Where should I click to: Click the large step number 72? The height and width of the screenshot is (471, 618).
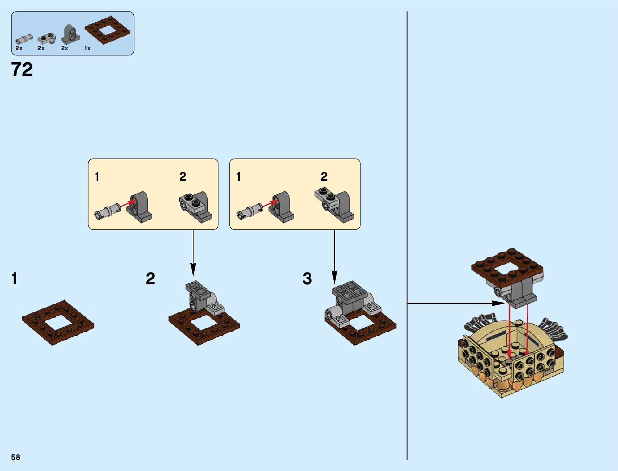coord(22,70)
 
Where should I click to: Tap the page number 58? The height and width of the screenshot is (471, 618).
coord(15,457)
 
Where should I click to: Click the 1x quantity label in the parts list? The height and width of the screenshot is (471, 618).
coord(87,48)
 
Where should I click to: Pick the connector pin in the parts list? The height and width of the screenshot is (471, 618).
coord(23,39)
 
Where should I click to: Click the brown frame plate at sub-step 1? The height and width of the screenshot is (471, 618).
coord(58,322)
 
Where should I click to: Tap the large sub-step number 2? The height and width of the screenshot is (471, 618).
coord(150,279)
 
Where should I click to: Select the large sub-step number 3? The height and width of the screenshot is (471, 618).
coord(307,279)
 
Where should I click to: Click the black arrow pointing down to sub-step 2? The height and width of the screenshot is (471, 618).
coord(193,253)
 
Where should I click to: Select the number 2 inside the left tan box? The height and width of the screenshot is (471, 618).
coord(182,176)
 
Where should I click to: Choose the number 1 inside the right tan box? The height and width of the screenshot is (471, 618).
coord(238,176)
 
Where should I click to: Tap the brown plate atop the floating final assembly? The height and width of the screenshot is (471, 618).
coord(507,267)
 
